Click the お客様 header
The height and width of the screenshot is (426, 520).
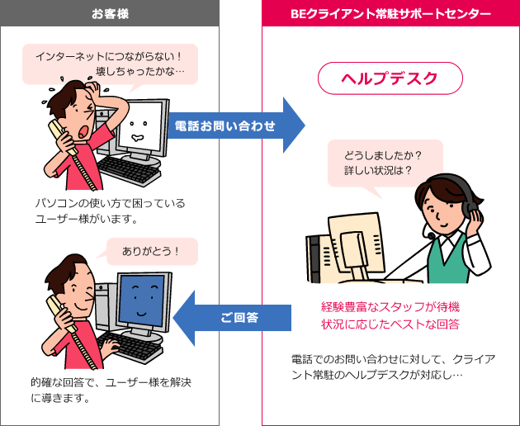pos(110,13)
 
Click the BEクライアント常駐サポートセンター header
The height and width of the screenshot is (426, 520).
pos(391,13)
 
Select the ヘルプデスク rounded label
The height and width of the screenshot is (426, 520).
pos(390,79)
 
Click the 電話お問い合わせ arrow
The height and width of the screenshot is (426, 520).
pos(231,125)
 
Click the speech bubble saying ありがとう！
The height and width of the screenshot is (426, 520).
pos(152,251)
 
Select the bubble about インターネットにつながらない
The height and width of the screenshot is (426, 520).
pos(110,64)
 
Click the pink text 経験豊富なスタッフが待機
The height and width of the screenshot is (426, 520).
pos(390,306)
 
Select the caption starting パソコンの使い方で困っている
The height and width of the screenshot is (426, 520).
pos(109,211)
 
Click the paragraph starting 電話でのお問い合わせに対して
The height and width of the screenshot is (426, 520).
pos(392,366)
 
